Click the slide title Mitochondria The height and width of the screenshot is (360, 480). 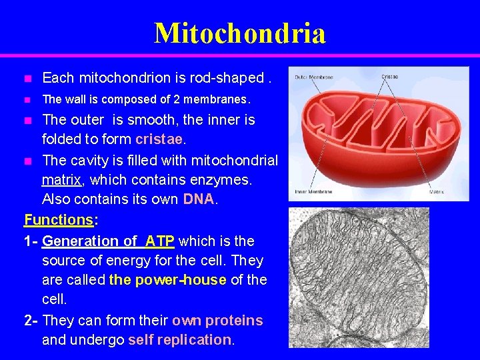pyautogui.click(x=240, y=33)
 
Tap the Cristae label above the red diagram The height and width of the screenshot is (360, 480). pyautogui.click(x=390, y=77)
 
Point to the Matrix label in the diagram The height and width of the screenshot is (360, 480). pyautogui.click(x=437, y=192)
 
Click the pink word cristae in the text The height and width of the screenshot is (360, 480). pyautogui.click(x=160, y=140)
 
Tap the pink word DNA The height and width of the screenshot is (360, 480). pyautogui.click(x=198, y=199)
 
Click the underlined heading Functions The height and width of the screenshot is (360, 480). pyautogui.click(x=58, y=219)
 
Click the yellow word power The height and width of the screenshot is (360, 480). pyautogui.click(x=160, y=280)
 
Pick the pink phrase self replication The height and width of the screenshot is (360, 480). pyautogui.click(x=179, y=340)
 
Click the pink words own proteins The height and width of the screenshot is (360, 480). pyautogui.click(x=217, y=320)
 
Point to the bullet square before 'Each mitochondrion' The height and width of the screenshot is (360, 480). pyautogui.click(x=27, y=79)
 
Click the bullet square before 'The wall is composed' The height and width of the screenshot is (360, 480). pyautogui.click(x=27, y=100)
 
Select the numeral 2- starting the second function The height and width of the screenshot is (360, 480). pyautogui.click(x=31, y=320)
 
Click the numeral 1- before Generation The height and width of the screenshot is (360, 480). pyautogui.click(x=31, y=240)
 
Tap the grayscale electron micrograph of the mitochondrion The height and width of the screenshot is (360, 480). pyautogui.click(x=359, y=277)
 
